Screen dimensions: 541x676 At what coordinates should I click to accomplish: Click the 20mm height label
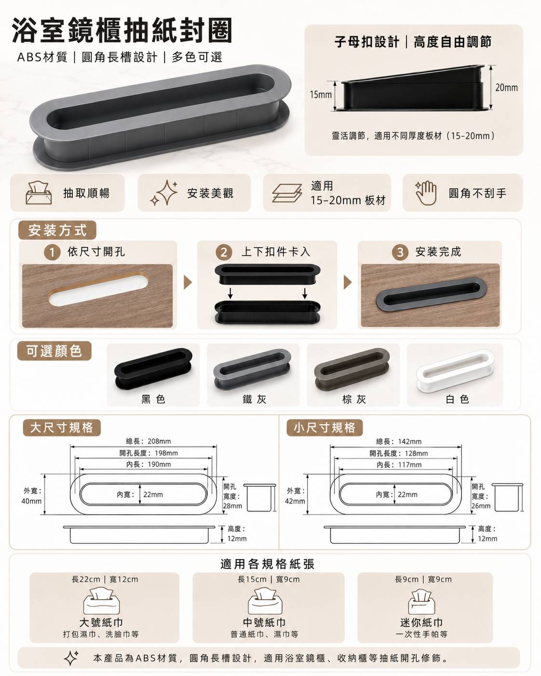tap(506, 87)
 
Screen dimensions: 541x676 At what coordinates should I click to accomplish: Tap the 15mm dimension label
tap(321, 94)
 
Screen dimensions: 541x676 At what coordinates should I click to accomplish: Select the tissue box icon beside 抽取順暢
tap(39, 192)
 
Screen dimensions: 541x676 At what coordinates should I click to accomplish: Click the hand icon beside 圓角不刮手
tap(426, 193)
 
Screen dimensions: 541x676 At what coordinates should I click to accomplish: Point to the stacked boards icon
tap(287, 193)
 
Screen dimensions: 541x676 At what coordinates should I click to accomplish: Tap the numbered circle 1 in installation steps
tap(52, 252)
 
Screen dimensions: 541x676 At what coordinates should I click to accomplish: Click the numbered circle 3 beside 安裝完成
tap(400, 252)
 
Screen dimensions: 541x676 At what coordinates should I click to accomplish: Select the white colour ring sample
tap(455, 371)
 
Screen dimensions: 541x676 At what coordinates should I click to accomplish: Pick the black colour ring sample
tap(153, 369)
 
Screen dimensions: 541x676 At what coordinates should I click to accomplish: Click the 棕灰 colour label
tap(354, 399)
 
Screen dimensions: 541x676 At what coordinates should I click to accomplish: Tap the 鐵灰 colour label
tap(254, 399)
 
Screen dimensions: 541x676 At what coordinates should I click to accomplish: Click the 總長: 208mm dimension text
tap(149, 441)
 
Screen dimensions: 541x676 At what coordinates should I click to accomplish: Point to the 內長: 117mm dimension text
tap(399, 465)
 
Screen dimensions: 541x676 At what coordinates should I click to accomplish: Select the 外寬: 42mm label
tap(295, 496)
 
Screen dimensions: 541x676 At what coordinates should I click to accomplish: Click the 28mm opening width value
tap(232, 506)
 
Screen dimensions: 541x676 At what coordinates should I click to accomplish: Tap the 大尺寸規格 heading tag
tap(62, 428)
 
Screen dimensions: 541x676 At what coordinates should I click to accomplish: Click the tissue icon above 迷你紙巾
tap(421, 602)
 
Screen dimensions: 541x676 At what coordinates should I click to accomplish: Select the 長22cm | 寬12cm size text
tap(105, 579)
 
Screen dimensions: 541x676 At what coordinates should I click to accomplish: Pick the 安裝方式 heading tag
tap(57, 230)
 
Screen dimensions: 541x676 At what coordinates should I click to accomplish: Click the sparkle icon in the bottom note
tap(71, 658)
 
